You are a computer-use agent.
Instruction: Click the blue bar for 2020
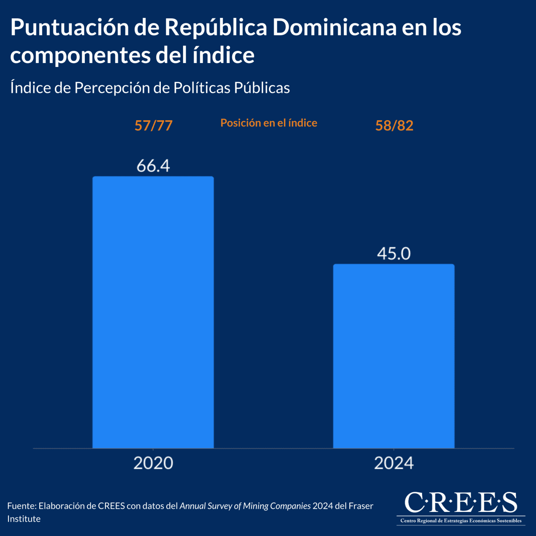point(153,313)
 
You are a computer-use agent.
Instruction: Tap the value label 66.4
point(153,166)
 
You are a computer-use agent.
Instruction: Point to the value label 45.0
point(394,254)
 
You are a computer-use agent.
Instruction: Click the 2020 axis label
point(153,463)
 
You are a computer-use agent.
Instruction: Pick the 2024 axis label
point(394,463)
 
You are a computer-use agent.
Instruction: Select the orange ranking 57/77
point(153,126)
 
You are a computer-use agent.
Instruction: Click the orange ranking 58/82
point(394,126)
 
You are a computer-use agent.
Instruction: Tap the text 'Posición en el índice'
point(269,123)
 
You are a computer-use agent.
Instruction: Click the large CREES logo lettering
point(461,502)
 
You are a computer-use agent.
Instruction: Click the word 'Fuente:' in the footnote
point(21,506)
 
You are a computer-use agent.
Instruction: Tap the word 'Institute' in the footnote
point(24,519)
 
